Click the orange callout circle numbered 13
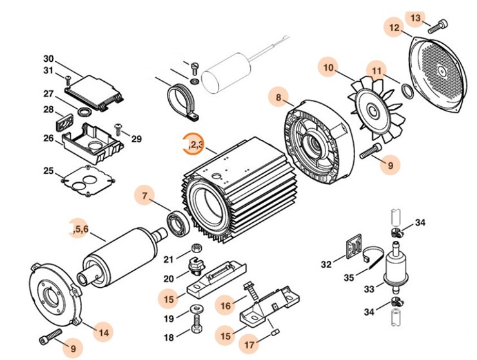pyautogui.click(x=415, y=17)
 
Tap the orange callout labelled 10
pyautogui.click(x=329, y=67)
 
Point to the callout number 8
pyautogui.click(x=278, y=98)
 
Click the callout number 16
pyautogui.click(x=226, y=305)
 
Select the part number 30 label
pyautogui.click(x=48, y=59)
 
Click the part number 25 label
pyautogui.click(x=48, y=171)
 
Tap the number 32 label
pyautogui.click(x=327, y=263)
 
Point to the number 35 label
pyautogui.click(x=349, y=278)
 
